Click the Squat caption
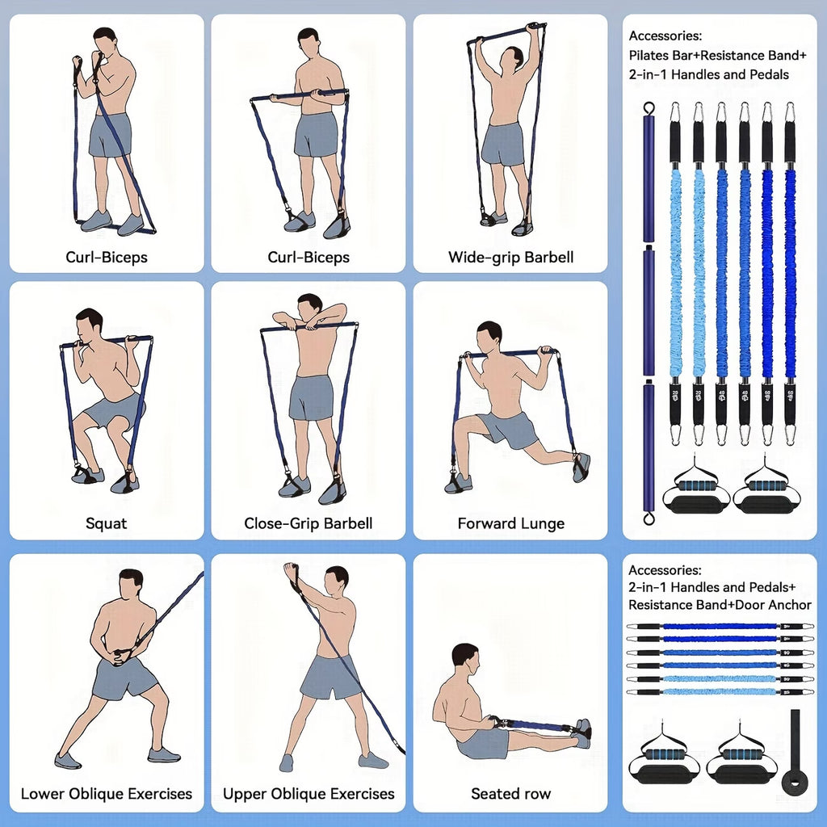point(107,523)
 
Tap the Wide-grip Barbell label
point(510,258)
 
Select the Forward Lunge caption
point(510,523)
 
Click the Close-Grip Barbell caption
point(309,523)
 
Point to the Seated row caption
point(510,793)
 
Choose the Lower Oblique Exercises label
point(107,793)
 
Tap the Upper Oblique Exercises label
point(309,793)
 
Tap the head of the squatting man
point(88,322)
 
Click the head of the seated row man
point(464,658)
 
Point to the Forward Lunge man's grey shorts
point(509,429)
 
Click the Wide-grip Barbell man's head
point(511,60)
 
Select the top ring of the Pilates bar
point(648,108)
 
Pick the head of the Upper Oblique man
point(336,580)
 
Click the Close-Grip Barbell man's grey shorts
point(311,397)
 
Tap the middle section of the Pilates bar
point(648,311)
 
